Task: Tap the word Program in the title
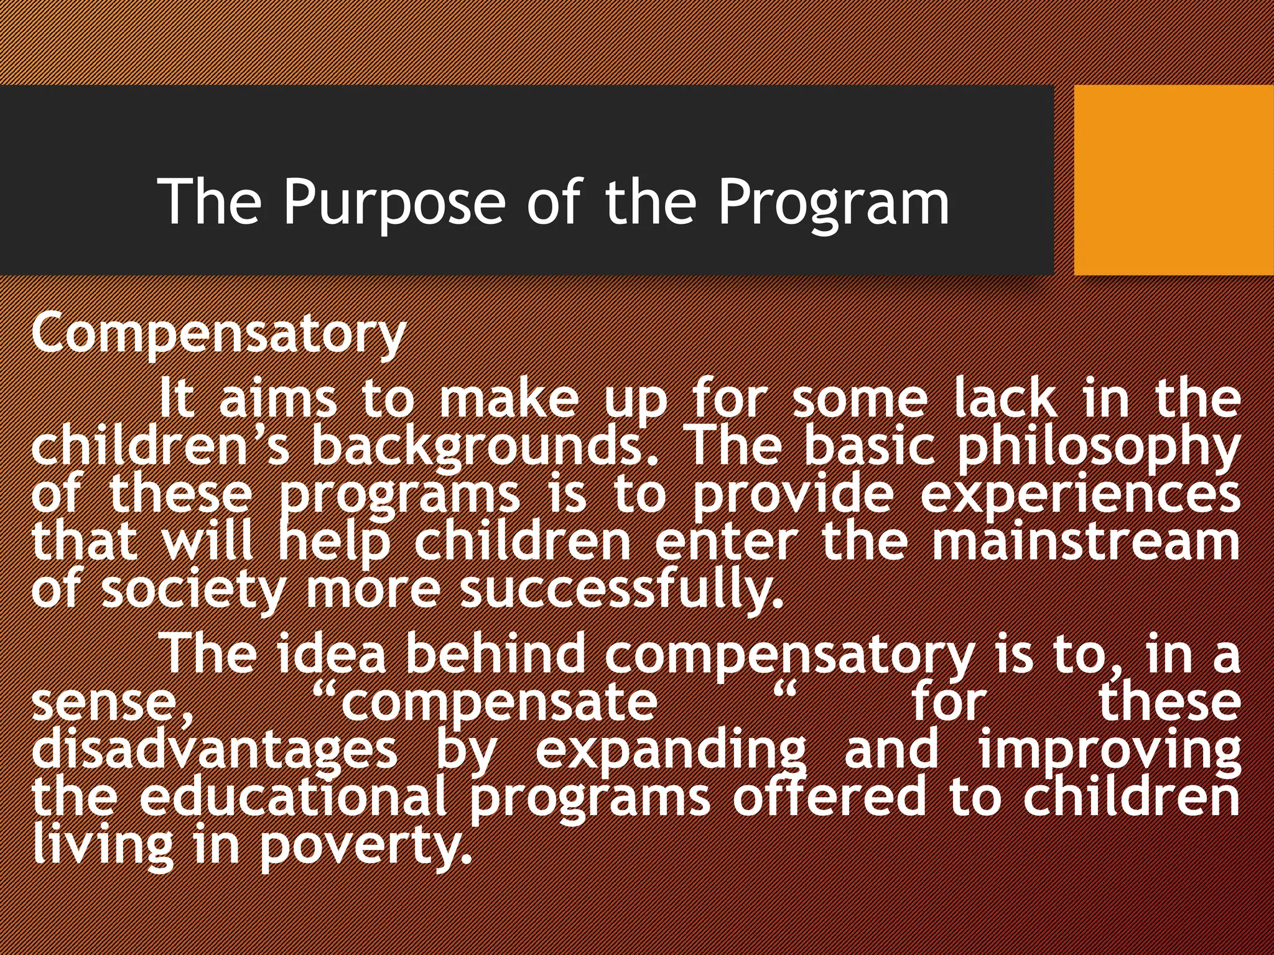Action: [x=834, y=203]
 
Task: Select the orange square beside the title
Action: [x=1173, y=180]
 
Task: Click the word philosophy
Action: [x=1098, y=446]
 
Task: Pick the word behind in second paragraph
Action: [x=495, y=654]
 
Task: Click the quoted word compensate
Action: [x=498, y=703]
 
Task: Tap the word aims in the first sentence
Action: [x=277, y=399]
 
